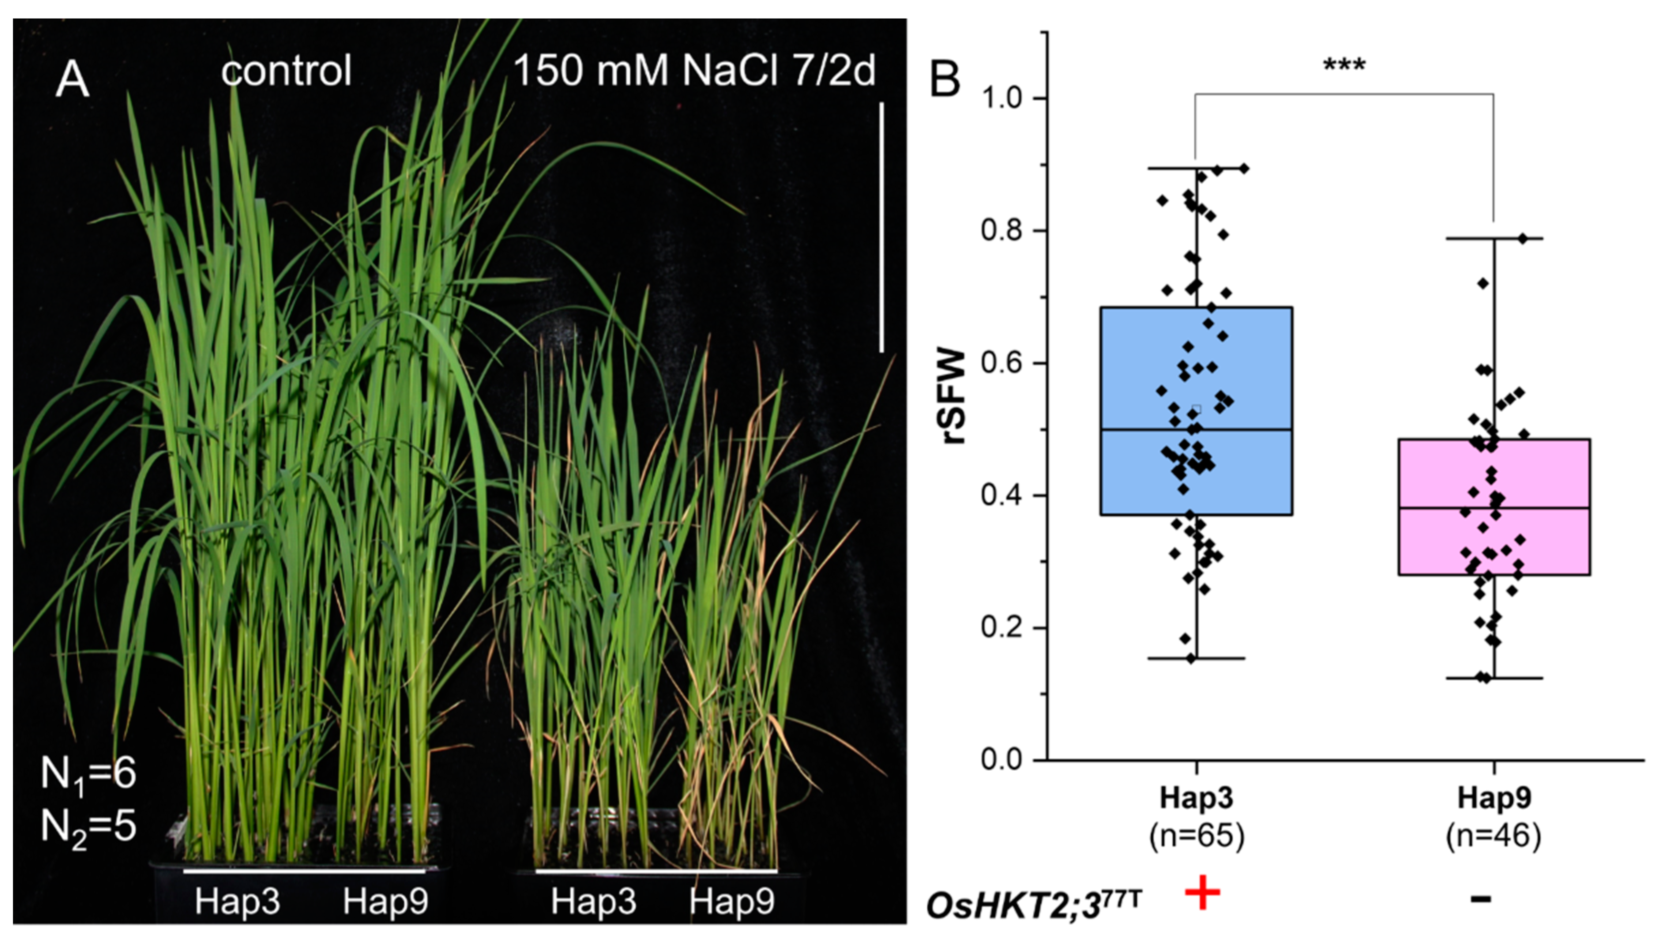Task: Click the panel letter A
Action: (x=72, y=81)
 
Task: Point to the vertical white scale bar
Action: (x=881, y=227)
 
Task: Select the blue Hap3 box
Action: (x=1196, y=411)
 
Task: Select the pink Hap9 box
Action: (x=1494, y=507)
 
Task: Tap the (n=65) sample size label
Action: (x=1196, y=835)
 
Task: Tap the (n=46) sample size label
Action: (x=1493, y=835)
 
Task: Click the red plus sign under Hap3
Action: (x=1202, y=893)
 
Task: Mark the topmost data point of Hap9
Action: (x=1522, y=238)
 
